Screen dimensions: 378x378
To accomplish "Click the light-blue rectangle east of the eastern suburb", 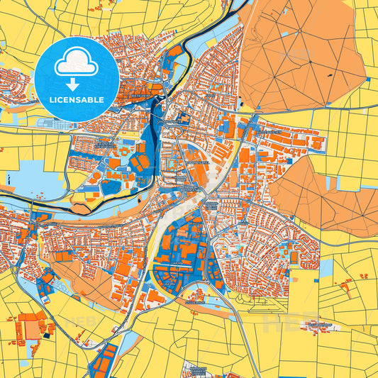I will coord(326,269).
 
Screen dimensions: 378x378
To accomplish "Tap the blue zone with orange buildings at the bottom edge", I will coord(105,362).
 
